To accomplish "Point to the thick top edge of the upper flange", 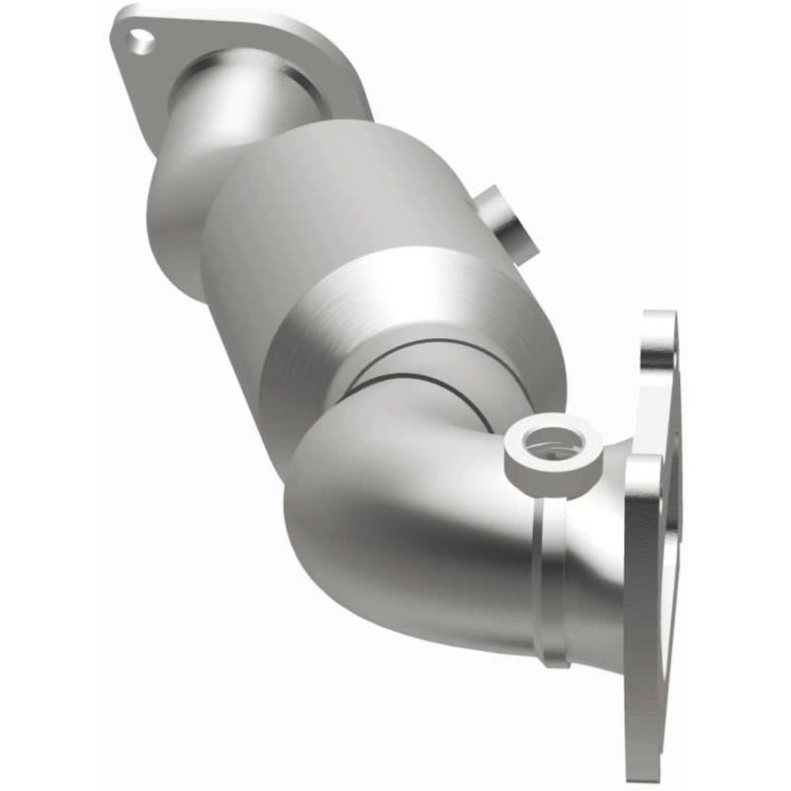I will click(237, 22).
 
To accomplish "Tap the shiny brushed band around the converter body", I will click(415, 297).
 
